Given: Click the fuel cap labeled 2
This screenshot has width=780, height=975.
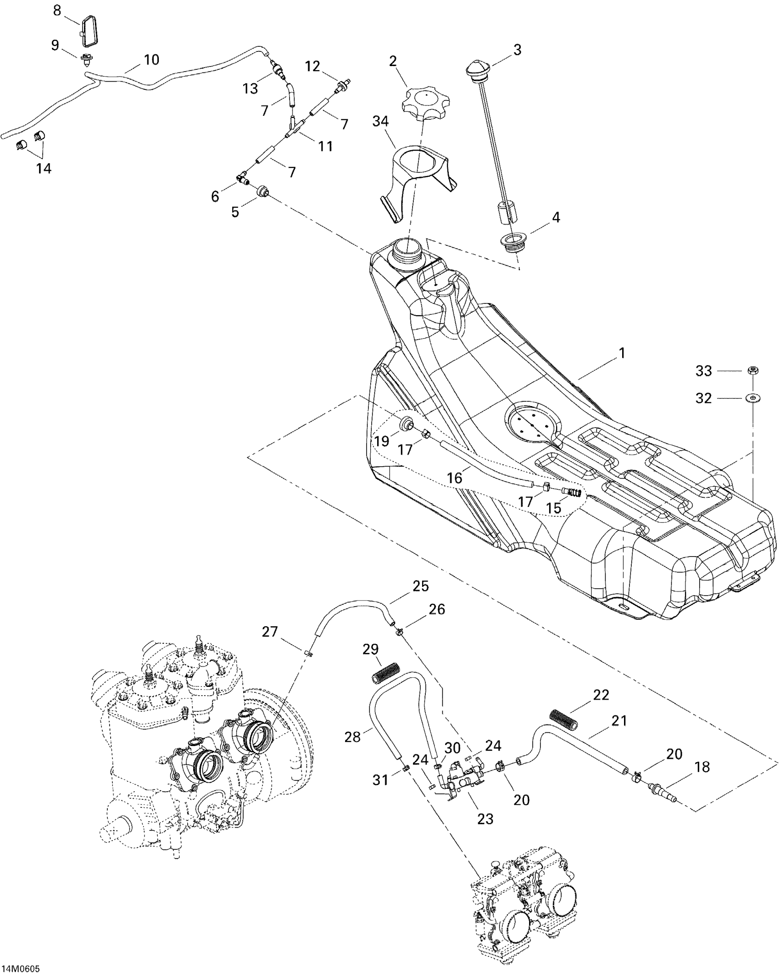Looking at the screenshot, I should pyautogui.click(x=425, y=102).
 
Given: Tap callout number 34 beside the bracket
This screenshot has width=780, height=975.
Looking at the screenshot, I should pyautogui.click(x=380, y=122).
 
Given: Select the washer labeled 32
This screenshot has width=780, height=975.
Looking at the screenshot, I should pyautogui.click(x=753, y=397).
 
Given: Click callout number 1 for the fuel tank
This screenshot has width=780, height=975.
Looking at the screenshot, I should pyautogui.click(x=622, y=353).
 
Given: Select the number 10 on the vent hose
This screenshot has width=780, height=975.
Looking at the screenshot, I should pyautogui.click(x=151, y=60).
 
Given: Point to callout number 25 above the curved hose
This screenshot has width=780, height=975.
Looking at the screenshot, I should pyautogui.click(x=420, y=586).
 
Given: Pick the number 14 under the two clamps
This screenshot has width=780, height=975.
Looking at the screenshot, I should pyautogui.click(x=44, y=168).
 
